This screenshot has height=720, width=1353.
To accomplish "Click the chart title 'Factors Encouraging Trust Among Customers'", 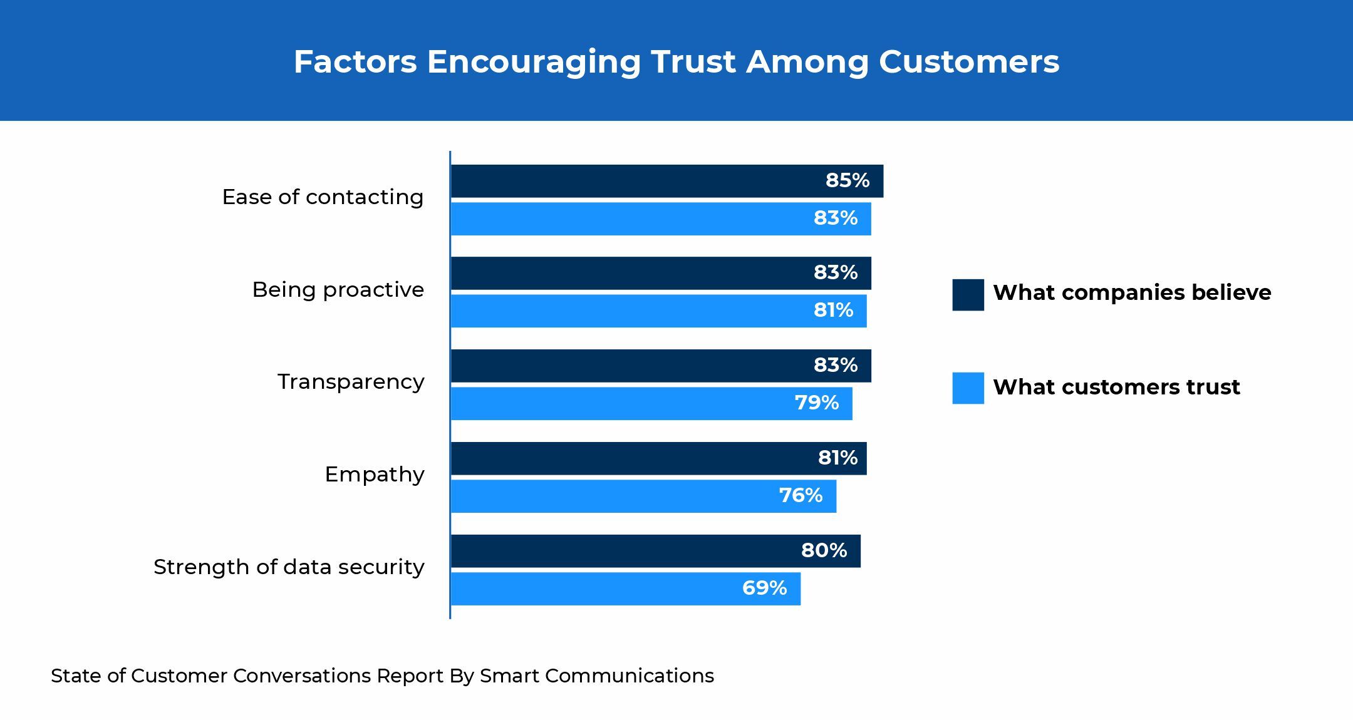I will [676, 61].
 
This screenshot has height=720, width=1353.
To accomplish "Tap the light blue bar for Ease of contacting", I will [626, 219].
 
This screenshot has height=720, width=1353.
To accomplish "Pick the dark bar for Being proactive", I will [626, 273].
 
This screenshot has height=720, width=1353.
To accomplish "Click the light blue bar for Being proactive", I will [626, 311].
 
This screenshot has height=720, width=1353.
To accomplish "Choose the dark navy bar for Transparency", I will [626, 366].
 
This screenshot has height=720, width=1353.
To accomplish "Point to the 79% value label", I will [816, 403].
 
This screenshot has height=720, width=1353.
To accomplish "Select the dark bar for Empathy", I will [626, 458].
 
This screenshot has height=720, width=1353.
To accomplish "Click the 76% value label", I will [801, 495].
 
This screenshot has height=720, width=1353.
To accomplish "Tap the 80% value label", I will [824, 550].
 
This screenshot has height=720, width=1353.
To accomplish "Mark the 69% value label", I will [764, 588].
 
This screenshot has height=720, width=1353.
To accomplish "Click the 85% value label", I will [847, 180].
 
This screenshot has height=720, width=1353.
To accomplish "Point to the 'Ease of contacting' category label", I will [323, 197].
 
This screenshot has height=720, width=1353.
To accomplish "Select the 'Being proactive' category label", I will [338, 290].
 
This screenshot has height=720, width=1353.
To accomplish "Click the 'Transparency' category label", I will [351, 382].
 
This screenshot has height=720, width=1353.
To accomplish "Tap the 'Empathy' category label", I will [374, 475].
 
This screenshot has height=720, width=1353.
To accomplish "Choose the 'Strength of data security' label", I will [289, 567].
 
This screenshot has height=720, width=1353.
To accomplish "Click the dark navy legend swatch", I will [968, 295].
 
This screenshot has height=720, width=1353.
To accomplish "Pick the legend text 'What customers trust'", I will [1116, 387].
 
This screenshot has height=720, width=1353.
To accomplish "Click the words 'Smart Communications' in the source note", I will [596, 676].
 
